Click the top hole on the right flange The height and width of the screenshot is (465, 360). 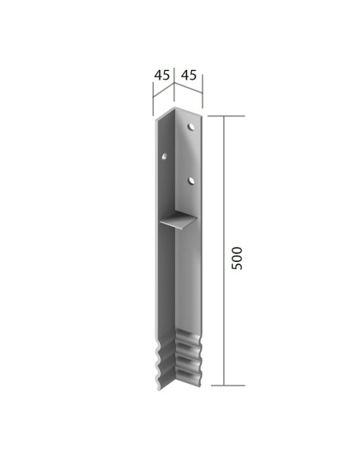(192, 127)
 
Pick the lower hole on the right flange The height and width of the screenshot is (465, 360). (192, 182)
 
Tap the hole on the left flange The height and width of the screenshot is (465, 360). (164, 156)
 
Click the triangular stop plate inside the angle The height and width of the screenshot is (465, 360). (180, 221)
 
